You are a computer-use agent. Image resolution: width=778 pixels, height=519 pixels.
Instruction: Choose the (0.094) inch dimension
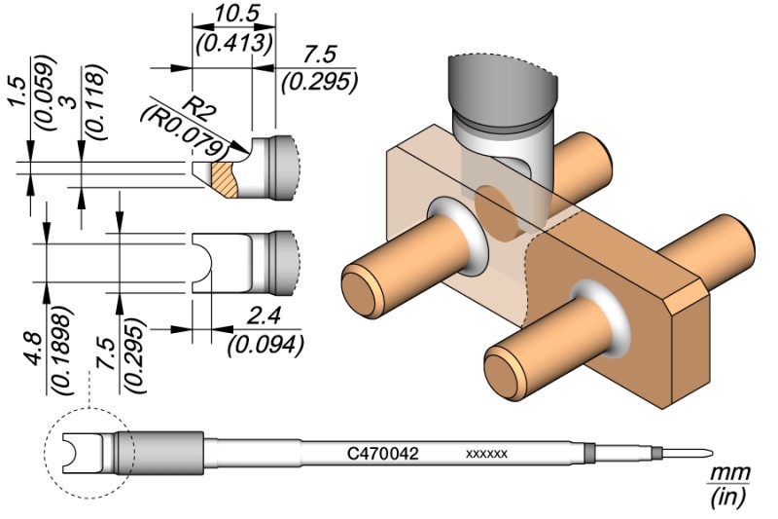pos(265,343)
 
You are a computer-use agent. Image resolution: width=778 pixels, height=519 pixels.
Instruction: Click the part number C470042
pos(383,454)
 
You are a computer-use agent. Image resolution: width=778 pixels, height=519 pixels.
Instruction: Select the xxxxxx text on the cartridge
pos(486,455)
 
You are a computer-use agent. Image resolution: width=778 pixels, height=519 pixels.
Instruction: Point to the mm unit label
pos(728,474)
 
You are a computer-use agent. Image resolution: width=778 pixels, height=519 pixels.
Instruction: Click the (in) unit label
pos(727,499)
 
